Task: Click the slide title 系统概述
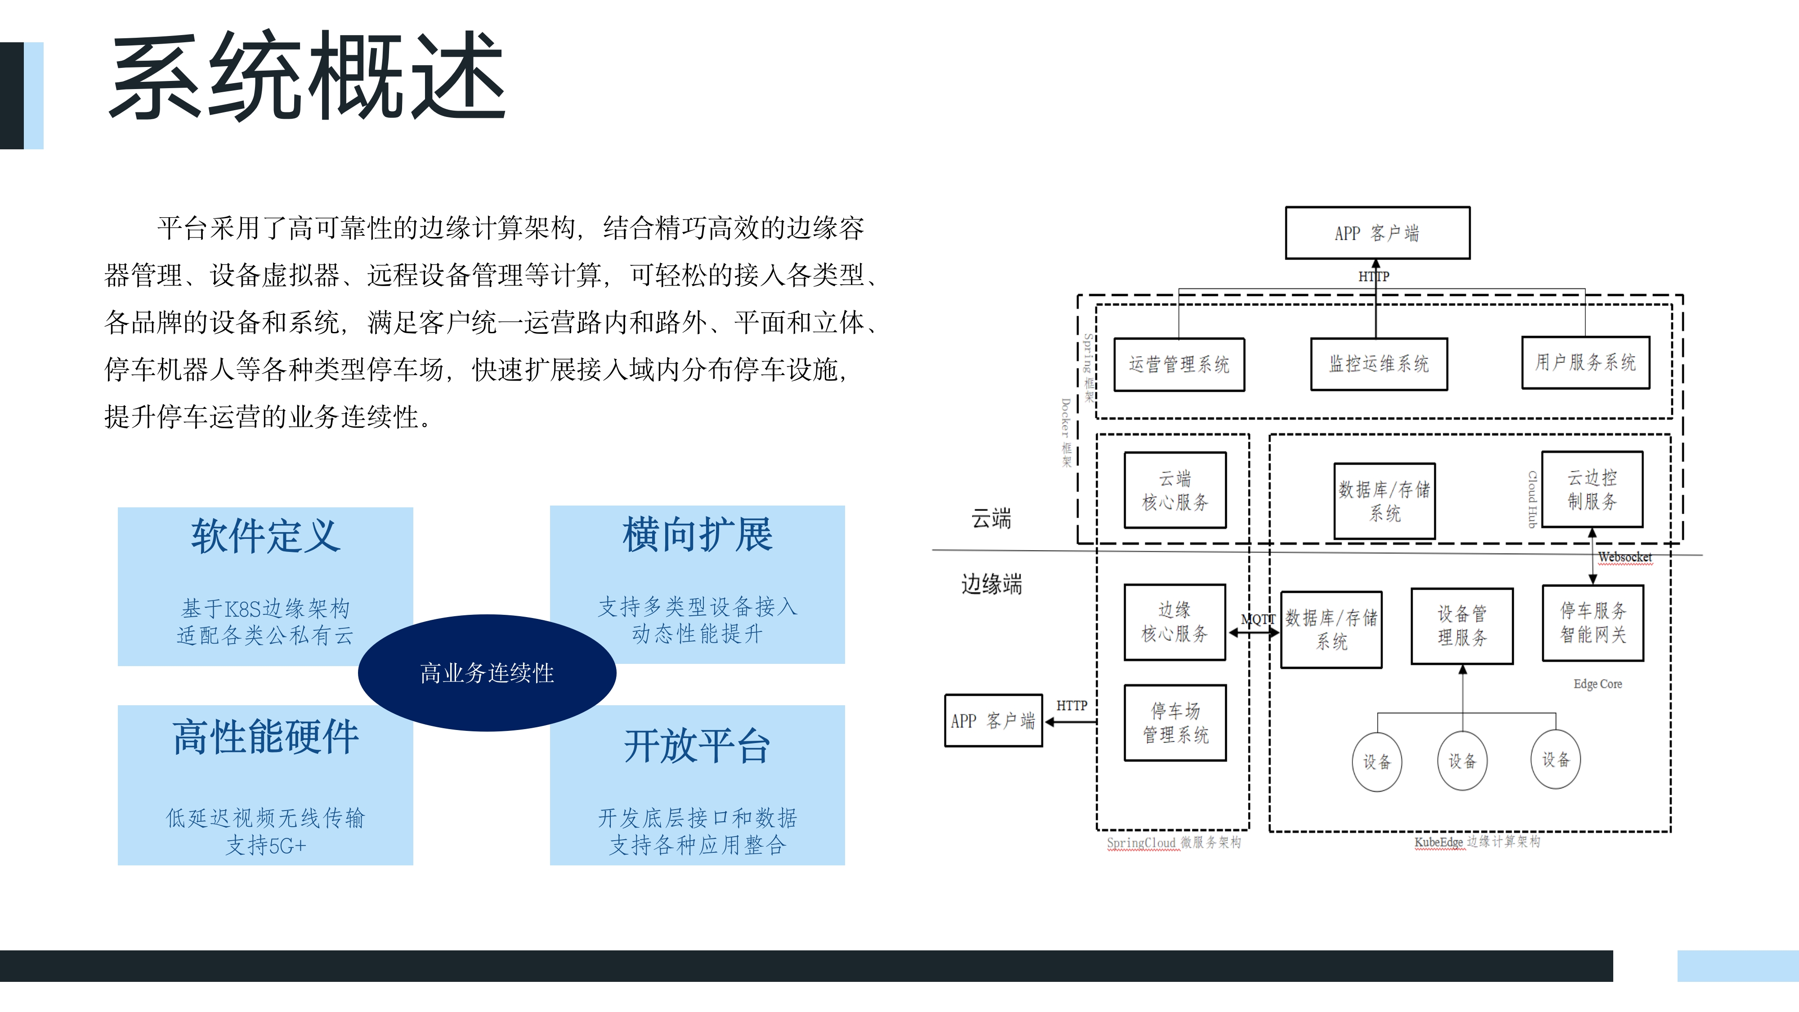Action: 307,76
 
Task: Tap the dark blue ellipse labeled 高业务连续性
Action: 487,672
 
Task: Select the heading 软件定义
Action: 265,537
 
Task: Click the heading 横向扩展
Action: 697,535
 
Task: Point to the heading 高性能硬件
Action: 265,737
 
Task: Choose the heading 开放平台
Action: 697,746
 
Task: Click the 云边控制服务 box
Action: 1592,489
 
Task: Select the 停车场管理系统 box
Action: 1175,722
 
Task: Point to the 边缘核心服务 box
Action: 1175,622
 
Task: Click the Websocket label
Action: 1624,557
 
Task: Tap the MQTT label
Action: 1257,619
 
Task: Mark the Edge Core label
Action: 1597,684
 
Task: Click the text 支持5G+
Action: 265,846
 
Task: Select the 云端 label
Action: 991,518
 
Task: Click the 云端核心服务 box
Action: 1175,490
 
